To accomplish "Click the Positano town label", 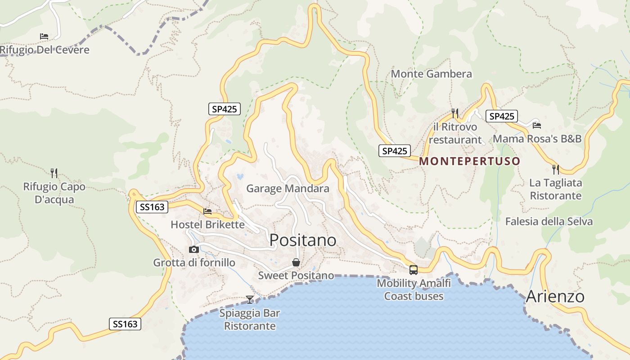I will pos(303,240).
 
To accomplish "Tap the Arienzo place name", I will pos(555,297).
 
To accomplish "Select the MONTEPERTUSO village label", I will pos(469,161).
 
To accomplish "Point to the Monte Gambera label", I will pos(431,74).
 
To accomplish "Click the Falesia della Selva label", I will pos(549,221).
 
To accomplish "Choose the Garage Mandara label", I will pos(288,189).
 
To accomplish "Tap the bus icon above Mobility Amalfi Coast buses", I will pos(413,270).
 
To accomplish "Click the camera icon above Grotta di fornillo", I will pos(194,249).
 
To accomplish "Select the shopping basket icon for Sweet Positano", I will pos(296,262).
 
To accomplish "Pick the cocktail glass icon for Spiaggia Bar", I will pos(250,299).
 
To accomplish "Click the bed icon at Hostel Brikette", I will pos(207,211).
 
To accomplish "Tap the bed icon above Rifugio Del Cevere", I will pos(44,36).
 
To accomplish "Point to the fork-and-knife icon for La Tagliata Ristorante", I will pos(556,170).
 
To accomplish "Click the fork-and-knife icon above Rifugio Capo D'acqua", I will pos(54,173).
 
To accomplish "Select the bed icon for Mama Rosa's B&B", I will pos(536,126).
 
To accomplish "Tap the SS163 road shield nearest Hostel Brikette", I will pos(152,207).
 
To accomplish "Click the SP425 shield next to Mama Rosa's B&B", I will pos(501,116).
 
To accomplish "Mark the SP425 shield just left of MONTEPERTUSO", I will pos(394,151).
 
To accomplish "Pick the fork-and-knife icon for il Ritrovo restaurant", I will pos(455,113).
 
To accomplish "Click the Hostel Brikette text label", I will pos(207,224).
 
